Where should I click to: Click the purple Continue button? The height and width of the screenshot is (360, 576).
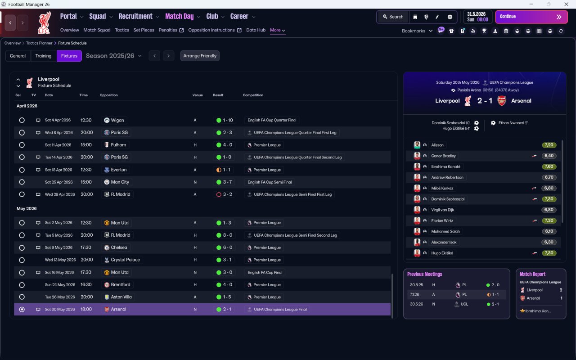click(x=531, y=17)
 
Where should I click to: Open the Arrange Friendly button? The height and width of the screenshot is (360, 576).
click(x=200, y=56)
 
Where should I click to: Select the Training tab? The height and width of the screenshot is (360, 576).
click(x=43, y=56)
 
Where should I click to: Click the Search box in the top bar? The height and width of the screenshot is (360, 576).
click(x=393, y=17)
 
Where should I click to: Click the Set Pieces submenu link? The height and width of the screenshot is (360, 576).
click(x=144, y=30)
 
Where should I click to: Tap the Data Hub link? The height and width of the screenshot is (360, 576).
click(x=256, y=30)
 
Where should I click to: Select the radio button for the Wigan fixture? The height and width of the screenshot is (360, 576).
click(x=22, y=120)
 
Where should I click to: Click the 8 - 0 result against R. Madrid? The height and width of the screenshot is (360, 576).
click(x=225, y=235)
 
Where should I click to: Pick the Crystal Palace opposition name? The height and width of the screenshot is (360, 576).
click(x=125, y=260)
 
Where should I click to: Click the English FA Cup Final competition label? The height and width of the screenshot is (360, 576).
click(x=265, y=272)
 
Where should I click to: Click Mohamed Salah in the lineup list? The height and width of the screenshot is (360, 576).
click(x=445, y=231)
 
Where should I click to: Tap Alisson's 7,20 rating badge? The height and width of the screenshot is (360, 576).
click(x=549, y=145)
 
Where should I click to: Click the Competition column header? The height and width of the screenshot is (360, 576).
click(x=253, y=95)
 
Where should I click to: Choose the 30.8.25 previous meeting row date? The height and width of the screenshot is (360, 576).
click(x=417, y=285)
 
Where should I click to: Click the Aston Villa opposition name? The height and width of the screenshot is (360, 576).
click(x=121, y=297)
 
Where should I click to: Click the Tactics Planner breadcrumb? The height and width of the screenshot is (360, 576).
click(x=39, y=43)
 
